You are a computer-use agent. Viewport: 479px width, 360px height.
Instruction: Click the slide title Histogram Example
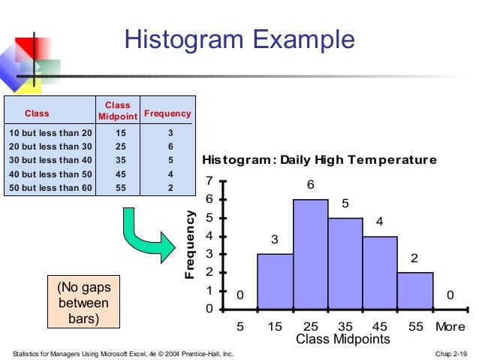pyautogui.click(x=239, y=39)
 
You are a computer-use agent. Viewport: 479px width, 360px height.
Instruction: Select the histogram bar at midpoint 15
pyautogui.click(x=275, y=282)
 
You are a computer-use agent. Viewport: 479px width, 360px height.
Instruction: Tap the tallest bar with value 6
pyautogui.click(x=310, y=254)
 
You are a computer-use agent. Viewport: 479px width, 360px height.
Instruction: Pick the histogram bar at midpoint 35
pyautogui.click(x=345, y=263)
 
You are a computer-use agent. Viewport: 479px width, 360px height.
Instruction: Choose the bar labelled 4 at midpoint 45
pyautogui.click(x=380, y=273)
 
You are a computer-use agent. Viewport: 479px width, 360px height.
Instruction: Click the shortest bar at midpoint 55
pyautogui.click(x=415, y=291)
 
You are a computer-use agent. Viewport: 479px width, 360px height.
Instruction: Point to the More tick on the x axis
pyautogui.click(x=450, y=328)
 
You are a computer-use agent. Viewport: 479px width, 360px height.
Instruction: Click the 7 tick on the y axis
pyautogui.click(x=210, y=181)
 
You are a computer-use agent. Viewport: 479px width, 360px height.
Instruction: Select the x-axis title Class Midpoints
pyautogui.click(x=342, y=340)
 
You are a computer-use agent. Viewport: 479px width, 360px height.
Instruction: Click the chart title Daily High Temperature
pyautogui.click(x=319, y=160)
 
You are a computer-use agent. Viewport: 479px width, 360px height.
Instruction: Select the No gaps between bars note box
pyautogui.click(x=83, y=304)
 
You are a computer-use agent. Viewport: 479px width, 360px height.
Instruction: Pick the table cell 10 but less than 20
pyautogui.click(x=49, y=133)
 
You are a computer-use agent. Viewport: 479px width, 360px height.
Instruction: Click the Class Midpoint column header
pyautogui.click(x=117, y=110)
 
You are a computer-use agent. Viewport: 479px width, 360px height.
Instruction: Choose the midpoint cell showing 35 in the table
pyautogui.click(x=117, y=161)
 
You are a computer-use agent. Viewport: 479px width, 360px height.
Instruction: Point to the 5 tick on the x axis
pyautogui.click(x=240, y=328)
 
